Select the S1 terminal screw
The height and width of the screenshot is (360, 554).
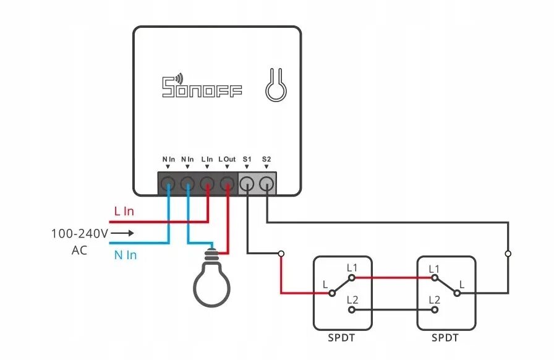247,183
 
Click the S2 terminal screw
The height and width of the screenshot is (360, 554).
266,183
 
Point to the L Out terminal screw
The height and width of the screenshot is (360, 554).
228,183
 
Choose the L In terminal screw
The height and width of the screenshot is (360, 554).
208,183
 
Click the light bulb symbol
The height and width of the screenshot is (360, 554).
211,281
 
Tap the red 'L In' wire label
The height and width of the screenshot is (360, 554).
124,211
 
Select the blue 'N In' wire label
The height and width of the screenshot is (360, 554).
125,254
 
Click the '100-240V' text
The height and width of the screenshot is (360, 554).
79,233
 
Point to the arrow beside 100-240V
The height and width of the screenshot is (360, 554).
122,233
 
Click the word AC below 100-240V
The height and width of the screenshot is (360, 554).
79,251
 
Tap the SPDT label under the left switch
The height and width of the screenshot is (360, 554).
341,338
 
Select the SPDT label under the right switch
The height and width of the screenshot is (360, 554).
445,338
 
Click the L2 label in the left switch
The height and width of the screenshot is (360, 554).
352,300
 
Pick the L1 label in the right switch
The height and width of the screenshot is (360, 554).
433,268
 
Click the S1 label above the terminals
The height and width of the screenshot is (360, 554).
247,159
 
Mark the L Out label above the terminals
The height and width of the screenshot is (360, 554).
228,159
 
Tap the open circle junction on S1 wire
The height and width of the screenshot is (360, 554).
281,253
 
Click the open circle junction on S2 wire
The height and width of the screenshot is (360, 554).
508,254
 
